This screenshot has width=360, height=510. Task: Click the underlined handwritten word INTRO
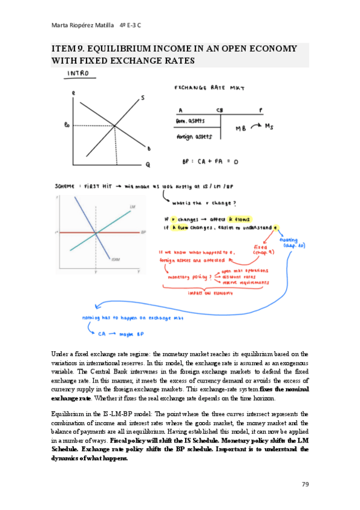[x=80, y=73]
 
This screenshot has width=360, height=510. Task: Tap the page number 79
[x=305, y=484]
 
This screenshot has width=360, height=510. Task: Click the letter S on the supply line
[x=142, y=97]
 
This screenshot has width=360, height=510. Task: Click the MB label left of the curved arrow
[x=241, y=128]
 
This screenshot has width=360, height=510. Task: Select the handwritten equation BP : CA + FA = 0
[x=210, y=161]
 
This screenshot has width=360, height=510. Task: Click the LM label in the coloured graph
[x=132, y=207]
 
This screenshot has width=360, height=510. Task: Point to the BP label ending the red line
[x=143, y=232]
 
